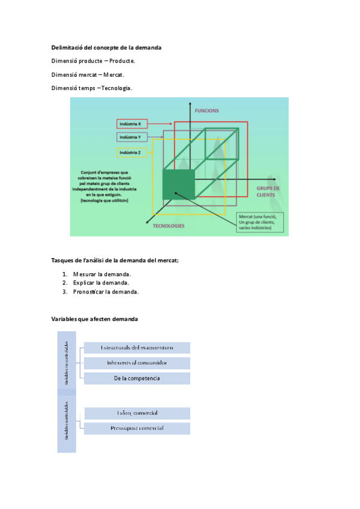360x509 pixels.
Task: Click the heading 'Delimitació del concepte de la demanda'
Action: (x=106, y=47)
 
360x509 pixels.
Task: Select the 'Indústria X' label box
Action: (x=131, y=124)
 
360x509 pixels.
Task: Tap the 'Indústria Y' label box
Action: (x=131, y=137)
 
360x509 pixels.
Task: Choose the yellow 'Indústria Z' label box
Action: (x=131, y=153)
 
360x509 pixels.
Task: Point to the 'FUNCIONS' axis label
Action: (x=207, y=111)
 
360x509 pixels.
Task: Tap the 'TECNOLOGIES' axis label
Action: (x=169, y=226)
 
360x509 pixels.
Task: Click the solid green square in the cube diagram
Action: (x=179, y=184)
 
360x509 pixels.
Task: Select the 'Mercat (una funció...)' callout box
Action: (x=259, y=221)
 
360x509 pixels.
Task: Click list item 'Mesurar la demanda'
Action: (x=102, y=274)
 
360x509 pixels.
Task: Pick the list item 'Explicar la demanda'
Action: (x=101, y=283)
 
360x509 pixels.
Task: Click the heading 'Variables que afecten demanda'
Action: (x=95, y=319)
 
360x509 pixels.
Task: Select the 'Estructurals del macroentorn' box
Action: (x=137, y=348)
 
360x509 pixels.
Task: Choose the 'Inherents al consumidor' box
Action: (x=137, y=363)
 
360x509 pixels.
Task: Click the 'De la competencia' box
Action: (x=137, y=379)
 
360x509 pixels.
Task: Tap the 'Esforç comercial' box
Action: (x=137, y=414)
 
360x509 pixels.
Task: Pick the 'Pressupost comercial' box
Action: (x=137, y=429)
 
